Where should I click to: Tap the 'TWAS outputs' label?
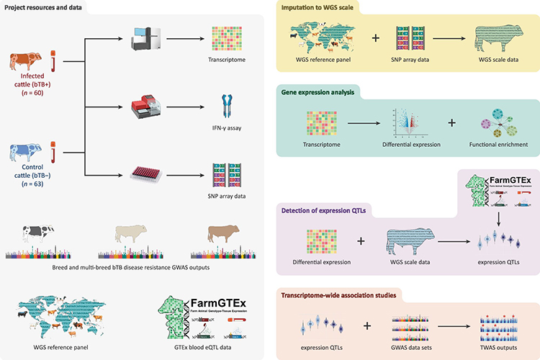[494, 346]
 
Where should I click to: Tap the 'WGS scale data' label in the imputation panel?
[494, 58]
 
